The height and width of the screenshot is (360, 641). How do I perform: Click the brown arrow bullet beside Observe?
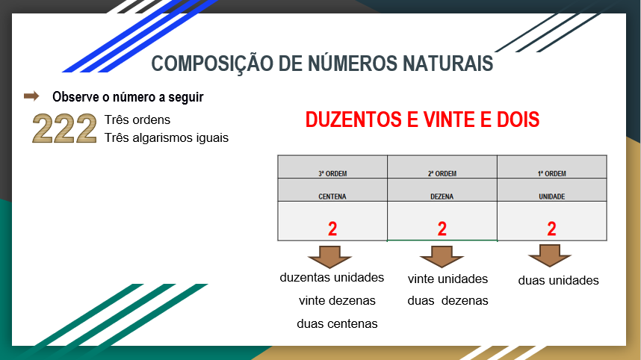coord(31,96)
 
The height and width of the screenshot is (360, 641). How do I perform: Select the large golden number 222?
coord(65,128)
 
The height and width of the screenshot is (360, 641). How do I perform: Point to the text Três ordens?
coord(137,120)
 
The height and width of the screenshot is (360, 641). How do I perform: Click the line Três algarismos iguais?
coord(167,137)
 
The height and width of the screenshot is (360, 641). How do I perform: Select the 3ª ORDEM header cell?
coord(332,174)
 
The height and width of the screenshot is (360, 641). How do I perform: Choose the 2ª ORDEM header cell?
coord(442,174)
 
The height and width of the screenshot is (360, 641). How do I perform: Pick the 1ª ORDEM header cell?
coord(551,174)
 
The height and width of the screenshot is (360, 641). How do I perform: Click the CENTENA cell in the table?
coord(332,196)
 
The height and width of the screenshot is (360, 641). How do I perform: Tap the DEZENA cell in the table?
coord(442,196)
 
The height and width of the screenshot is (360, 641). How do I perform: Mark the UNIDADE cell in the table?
coord(551,196)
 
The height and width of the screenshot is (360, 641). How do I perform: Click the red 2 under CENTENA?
coord(332,229)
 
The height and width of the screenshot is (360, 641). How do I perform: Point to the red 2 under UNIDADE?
coord(551,229)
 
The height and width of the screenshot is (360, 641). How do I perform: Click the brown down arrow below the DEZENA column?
coord(442,256)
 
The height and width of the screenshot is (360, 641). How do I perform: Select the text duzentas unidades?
coord(332,278)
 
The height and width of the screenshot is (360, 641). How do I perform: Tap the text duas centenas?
coord(337,324)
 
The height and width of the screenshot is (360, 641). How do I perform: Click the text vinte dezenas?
coord(337,301)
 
